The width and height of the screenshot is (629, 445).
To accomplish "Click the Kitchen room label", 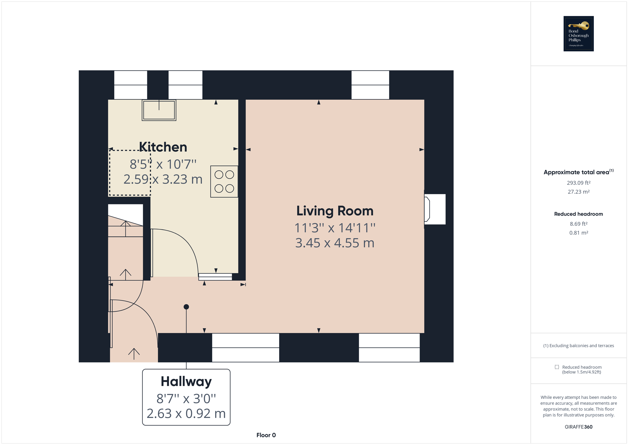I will (163, 147).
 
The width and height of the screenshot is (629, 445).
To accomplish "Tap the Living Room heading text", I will (335, 211).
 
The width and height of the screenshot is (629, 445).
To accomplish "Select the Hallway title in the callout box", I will (186, 381).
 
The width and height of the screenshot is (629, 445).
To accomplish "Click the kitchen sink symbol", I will (159, 110).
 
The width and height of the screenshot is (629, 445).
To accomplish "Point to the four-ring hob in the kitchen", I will (224, 181).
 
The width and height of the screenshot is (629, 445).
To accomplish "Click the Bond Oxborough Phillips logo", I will (578, 34).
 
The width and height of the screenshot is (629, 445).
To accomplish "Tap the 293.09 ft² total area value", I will (578, 183).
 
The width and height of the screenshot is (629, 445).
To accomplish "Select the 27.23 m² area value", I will (578, 192).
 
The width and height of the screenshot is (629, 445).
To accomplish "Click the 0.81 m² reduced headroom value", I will (578, 233).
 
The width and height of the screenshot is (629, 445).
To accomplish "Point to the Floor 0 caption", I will (266, 435).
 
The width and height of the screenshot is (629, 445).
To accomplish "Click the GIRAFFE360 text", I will (578, 427).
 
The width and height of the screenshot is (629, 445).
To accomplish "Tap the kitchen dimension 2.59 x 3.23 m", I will (163, 180).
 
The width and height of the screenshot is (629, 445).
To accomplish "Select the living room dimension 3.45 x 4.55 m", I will (335, 243).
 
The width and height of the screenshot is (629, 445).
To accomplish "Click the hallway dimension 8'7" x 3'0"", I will (186, 399).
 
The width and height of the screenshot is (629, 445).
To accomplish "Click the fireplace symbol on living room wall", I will (427, 209).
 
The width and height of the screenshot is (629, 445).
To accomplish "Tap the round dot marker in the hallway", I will (186, 307).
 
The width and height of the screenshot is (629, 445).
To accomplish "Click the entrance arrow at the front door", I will (134, 354).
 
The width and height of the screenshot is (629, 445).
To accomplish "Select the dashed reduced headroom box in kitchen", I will (130, 173).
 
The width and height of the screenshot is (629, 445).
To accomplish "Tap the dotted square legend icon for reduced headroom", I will (557, 367).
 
